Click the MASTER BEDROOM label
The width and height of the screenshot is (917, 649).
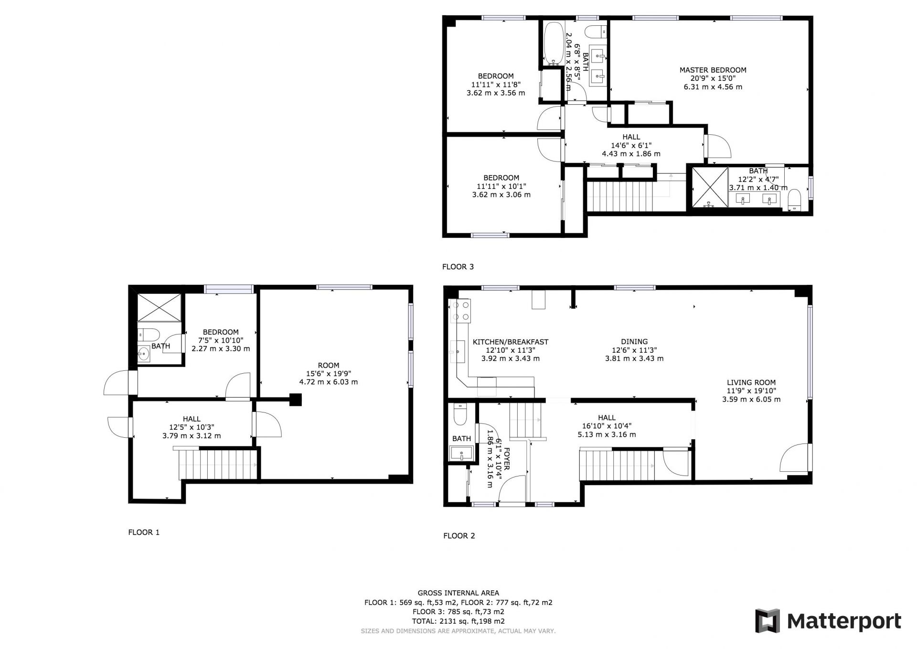point(713,70)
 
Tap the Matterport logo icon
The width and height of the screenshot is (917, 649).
point(767,621)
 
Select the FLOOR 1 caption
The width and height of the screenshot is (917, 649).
point(144,532)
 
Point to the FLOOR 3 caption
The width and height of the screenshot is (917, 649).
point(458,267)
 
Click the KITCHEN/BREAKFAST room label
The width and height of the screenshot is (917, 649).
point(511,342)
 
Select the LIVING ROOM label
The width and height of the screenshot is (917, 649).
point(751,382)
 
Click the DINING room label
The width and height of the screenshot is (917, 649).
point(634,342)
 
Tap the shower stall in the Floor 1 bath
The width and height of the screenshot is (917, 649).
point(160,307)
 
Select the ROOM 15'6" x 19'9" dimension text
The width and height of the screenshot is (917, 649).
point(329,374)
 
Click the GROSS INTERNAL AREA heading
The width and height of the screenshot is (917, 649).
point(458,593)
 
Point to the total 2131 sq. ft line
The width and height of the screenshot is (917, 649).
point(458,621)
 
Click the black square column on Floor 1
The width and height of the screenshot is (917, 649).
point(296,400)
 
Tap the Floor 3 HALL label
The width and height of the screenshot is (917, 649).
point(631,137)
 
